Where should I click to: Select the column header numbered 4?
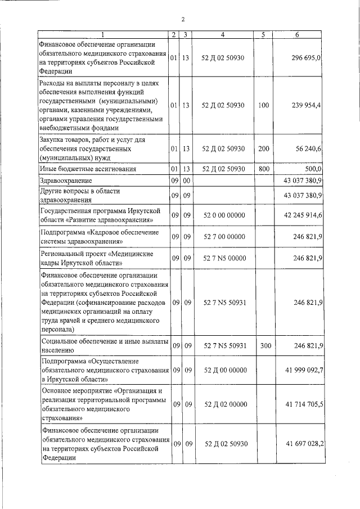coord(223,35)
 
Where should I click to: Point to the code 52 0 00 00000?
coord(223,215)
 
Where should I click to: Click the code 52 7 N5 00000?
coord(223,258)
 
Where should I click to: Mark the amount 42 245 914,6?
coord(296,215)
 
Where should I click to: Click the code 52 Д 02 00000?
coord(223,404)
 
